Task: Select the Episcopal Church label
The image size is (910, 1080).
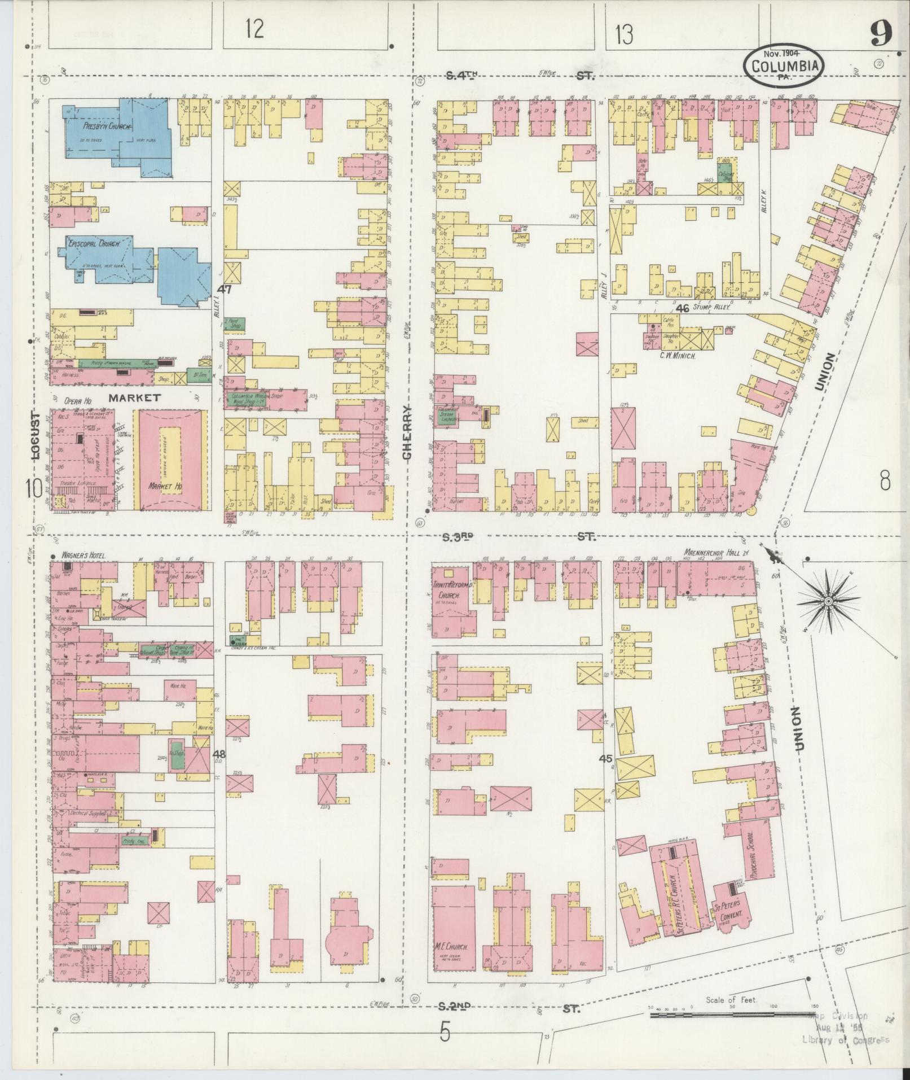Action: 94,244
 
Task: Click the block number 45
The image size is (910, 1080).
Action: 606,758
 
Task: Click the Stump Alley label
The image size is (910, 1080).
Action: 712,308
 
